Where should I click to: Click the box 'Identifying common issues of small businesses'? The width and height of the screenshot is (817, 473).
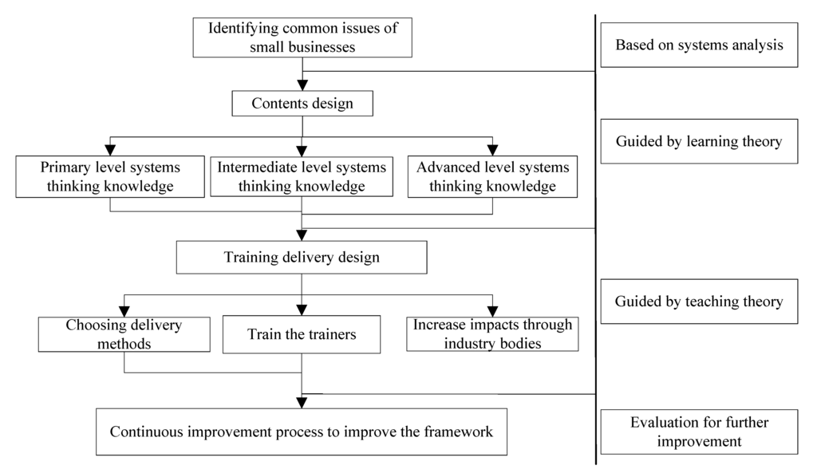pos(302,37)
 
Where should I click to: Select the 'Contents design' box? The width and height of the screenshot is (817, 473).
pos(302,104)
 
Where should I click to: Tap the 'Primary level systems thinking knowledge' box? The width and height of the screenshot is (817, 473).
pos(110,177)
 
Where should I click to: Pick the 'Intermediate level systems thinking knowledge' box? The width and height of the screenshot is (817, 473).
pos(302,177)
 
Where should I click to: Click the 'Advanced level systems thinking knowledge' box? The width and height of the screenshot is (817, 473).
pos(492,177)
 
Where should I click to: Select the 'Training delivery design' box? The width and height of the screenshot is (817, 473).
pos(302,258)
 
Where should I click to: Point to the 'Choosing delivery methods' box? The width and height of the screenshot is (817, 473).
pos(124,335)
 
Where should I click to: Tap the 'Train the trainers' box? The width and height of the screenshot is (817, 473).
pos(302,335)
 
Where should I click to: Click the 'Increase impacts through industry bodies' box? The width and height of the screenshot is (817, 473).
pos(491,335)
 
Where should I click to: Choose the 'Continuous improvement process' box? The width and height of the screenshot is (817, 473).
pos(302,432)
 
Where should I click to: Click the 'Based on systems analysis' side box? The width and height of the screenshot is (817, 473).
pos(699,45)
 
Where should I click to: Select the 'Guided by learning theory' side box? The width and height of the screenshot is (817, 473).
pos(699,142)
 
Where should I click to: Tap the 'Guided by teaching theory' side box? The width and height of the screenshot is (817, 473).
pos(699,302)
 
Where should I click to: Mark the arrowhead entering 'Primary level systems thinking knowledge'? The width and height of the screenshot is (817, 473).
pos(110,150)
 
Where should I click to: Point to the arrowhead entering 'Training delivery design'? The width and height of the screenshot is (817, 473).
pos(302,236)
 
